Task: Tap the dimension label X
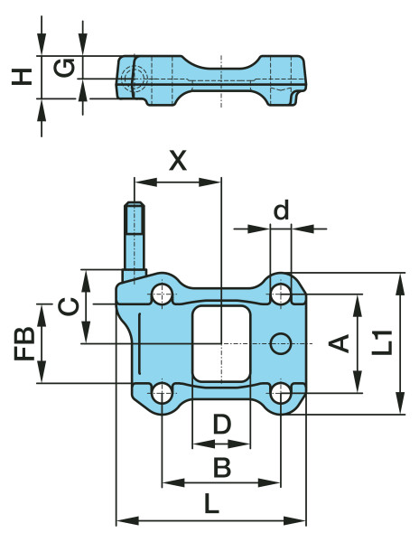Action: pos(178,161)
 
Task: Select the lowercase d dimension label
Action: pos(281,210)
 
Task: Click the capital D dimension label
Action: pos(221,424)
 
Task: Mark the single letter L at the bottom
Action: pos(212,504)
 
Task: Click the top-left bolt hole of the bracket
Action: pos(163,294)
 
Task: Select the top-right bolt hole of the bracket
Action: pos(281,294)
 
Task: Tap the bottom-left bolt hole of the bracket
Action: pos(163,393)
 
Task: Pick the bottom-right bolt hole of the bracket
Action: pos(281,393)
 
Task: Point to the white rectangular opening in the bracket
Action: pos(221,342)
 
